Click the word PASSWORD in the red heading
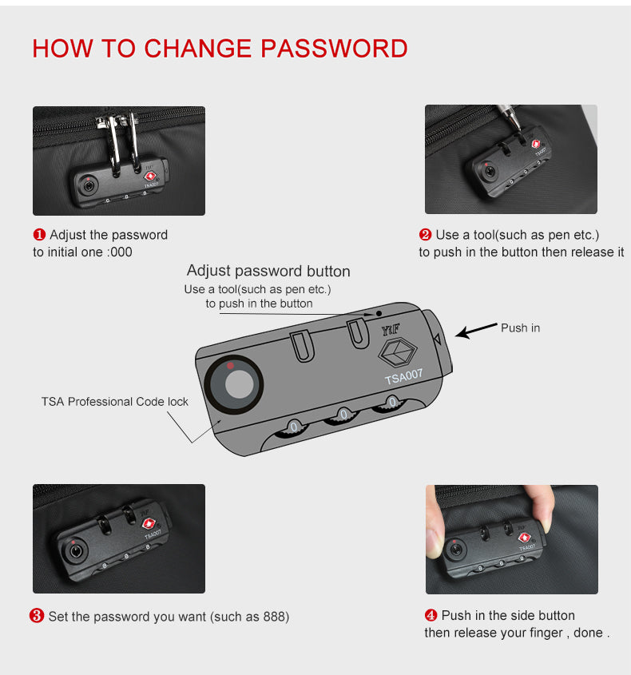pyautogui.click(x=334, y=48)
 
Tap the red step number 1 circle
pyautogui.click(x=39, y=235)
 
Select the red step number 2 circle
pyautogui.click(x=425, y=235)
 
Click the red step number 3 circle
pyautogui.click(x=37, y=616)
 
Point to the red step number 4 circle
pyautogui.click(x=431, y=615)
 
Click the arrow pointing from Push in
pyautogui.click(x=476, y=330)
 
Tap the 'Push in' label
pyautogui.click(x=521, y=328)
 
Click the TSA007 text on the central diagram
pyautogui.click(x=403, y=376)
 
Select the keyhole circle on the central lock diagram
pyautogui.click(x=234, y=384)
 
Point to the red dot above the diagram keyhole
pyautogui.click(x=230, y=366)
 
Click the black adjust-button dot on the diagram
pyautogui.click(x=379, y=313)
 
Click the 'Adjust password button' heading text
pyautogui.click(x=268, y=272)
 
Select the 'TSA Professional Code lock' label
pyautogui.click(x=115, y=402)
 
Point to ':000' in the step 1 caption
pyautogui.click(x=120, y=252)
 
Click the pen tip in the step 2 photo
pyautogui.click(x=518, y=129)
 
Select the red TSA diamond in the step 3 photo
pyautogui.click(x=149, y=524)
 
